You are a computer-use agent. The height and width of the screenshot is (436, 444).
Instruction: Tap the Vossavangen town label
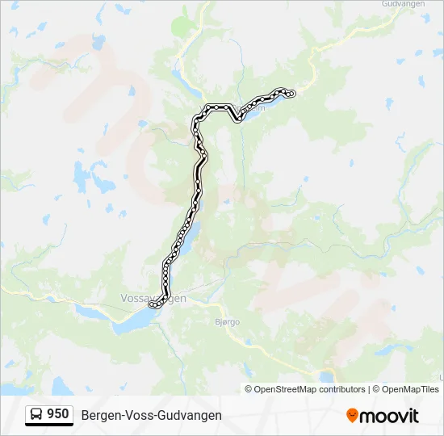tap(153, 298)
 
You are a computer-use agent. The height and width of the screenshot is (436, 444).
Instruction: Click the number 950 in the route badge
tap(58, 414)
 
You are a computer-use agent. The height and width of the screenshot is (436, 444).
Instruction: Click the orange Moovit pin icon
tap(352, 415)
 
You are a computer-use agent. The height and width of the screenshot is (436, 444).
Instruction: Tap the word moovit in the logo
tap(389, 416)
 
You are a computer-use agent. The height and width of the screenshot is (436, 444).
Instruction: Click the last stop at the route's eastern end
tap(291, 94)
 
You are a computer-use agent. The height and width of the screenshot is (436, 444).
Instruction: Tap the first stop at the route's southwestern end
tap(151, 305)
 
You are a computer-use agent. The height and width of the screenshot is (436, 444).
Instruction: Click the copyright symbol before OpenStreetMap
tap(249, 389)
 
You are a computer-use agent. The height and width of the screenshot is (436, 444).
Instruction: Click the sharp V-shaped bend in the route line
tap(239, 119)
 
